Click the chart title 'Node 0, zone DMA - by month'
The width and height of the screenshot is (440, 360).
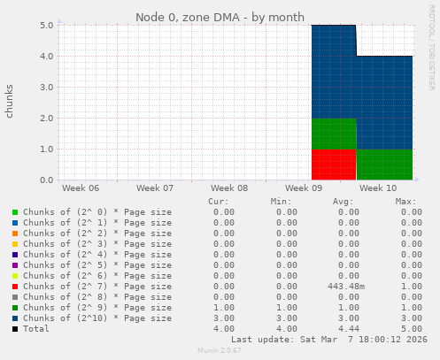220,17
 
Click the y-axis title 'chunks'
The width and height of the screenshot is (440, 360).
10,102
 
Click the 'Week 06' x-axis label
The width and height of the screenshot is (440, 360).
81,188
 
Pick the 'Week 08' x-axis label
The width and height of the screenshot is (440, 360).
229,188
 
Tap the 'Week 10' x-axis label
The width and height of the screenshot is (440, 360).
380,188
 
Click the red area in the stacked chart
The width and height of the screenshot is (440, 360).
333,165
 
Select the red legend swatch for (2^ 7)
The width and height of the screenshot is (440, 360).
14,287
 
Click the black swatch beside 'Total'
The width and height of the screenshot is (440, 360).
14,329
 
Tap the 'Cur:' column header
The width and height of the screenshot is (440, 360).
218,202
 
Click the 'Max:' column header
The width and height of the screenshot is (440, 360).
406,202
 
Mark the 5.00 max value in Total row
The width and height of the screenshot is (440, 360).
408,328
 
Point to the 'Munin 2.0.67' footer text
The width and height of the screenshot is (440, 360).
220,351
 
